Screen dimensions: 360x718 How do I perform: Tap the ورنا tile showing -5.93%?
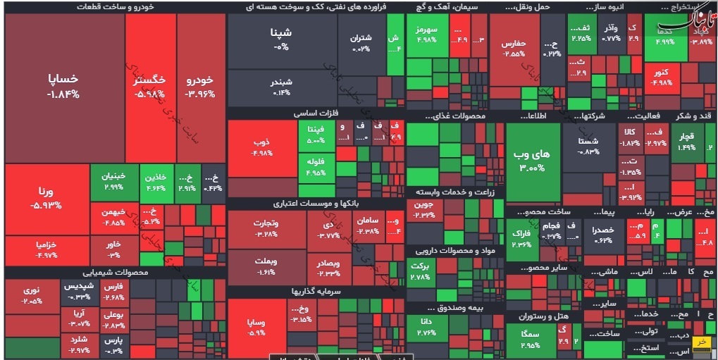coord(47,197)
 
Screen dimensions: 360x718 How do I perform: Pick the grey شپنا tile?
coord(281,39)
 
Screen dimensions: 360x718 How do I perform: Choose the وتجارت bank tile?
coord(266,229)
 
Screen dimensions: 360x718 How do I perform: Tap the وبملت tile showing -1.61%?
coord(266,266)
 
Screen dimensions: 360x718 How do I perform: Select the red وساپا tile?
coord(256,328)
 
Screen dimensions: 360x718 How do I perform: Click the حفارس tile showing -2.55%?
coord(514,48)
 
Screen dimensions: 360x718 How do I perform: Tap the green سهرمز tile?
coord(427,35)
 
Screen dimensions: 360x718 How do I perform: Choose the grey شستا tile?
coord(588,145)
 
